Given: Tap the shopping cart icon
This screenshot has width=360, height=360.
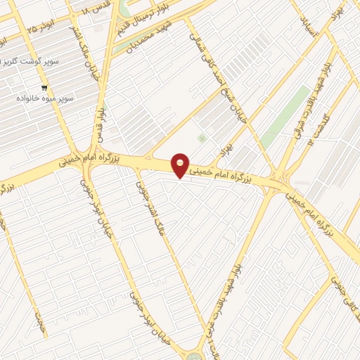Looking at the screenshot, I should pos(45,89).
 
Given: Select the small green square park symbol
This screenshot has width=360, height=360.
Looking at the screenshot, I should pos(203,138).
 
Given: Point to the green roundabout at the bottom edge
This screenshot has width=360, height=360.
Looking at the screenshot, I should pos(194,356).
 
